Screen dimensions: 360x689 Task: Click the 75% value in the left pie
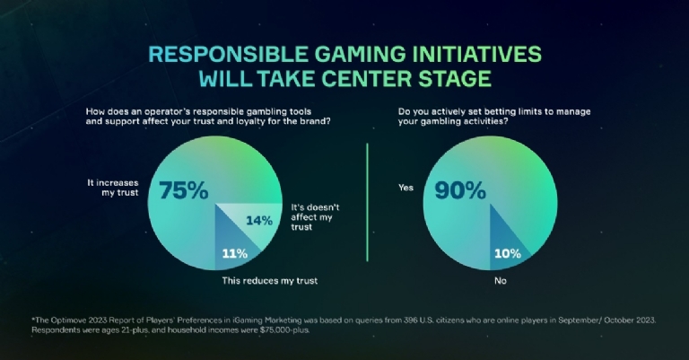184,191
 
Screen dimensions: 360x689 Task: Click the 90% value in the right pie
460,191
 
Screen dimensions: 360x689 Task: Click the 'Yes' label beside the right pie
404,188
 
